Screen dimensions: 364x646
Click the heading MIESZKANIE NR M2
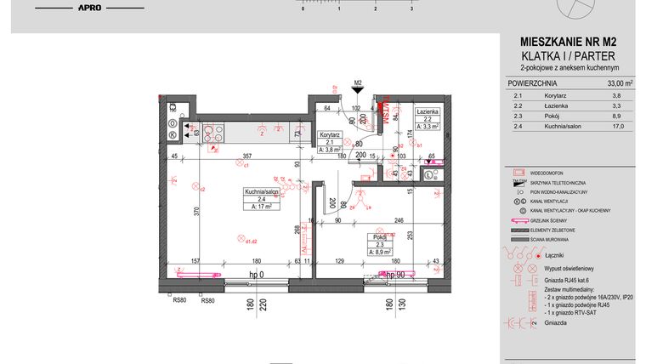click(567, 40)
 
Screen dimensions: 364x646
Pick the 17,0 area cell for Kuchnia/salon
click(618, 127)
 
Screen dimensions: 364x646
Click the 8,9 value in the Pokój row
click(618, 117)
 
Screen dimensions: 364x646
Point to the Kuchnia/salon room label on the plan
click(262, 193)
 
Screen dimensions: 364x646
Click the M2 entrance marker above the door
click(358, 84)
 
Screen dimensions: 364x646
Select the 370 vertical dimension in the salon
click(195, 214)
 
